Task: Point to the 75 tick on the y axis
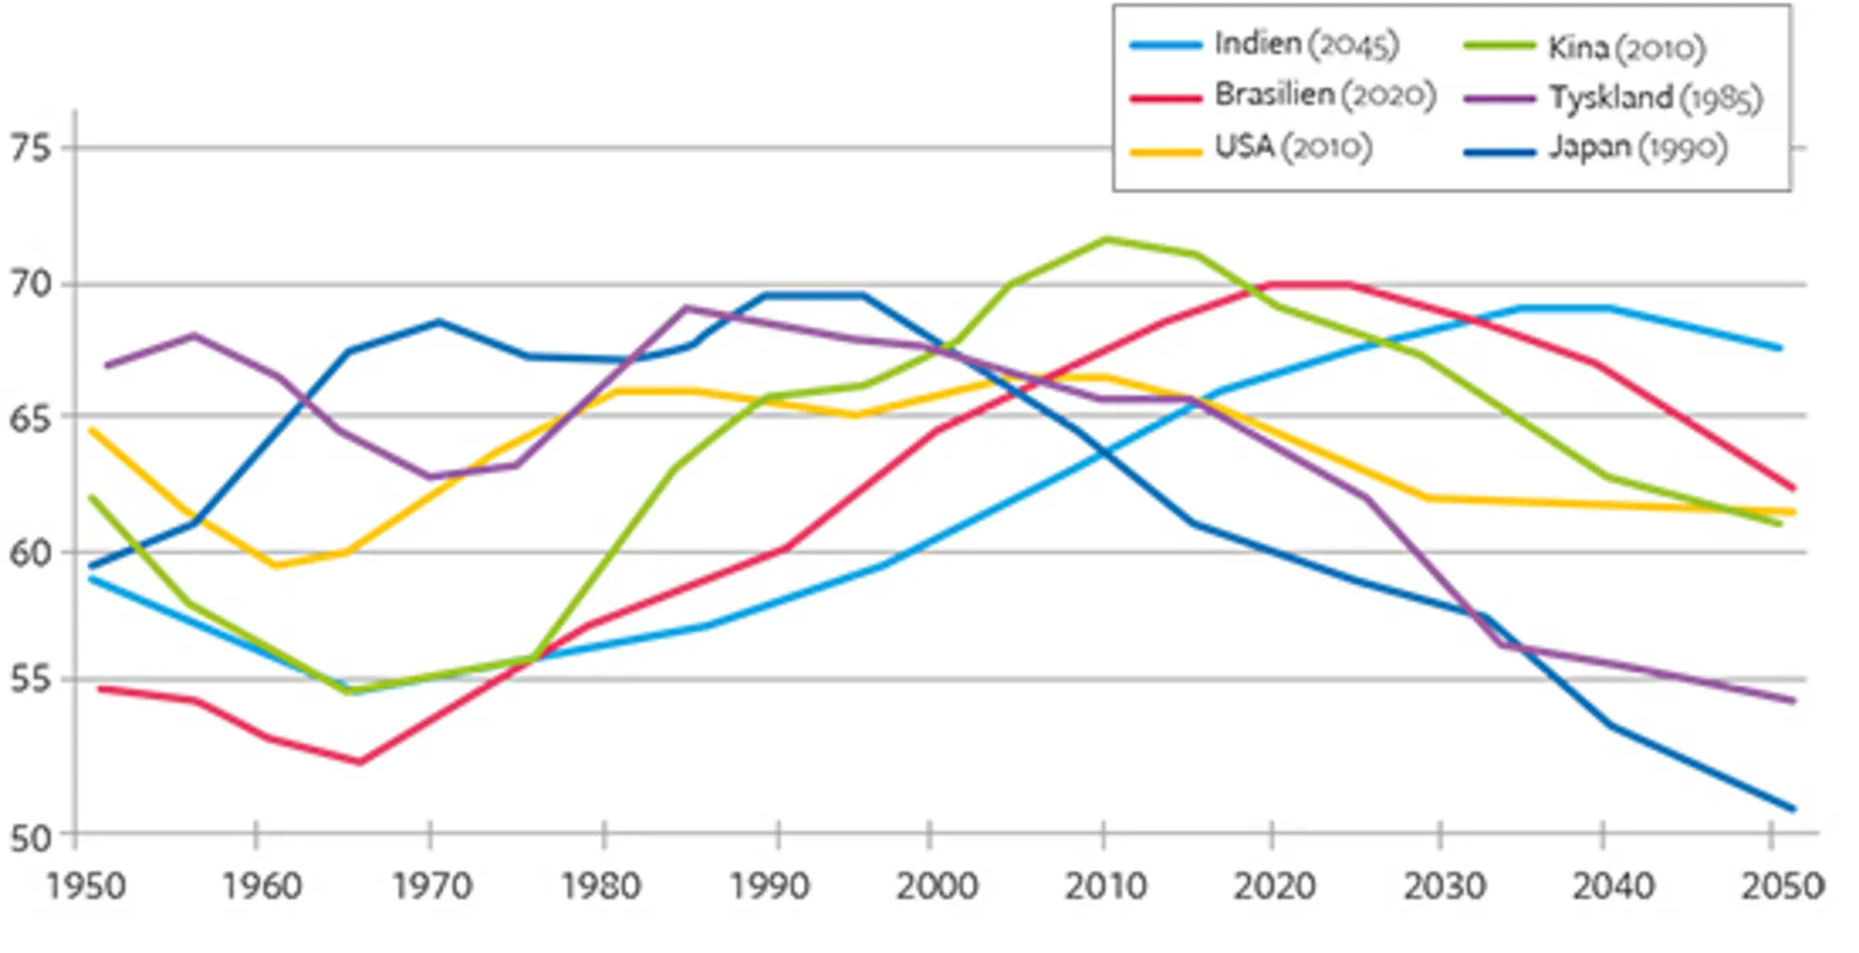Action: click(x=31, y=148)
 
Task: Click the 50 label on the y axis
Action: click(x=31, y=838)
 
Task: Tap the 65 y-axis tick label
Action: click(x=31, y=419)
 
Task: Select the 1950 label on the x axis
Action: click(x=86, y=886)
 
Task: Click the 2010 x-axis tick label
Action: click(x=1104, y=886)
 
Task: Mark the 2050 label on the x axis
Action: click(x=1781, y=886)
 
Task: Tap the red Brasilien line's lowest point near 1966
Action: click(x=360, y=762)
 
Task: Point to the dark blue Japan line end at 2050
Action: click(x=1793, y=809)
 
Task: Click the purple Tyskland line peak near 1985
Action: click(x=686, y=308)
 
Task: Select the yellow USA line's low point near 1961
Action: click(x=275, y=565)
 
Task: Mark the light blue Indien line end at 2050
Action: click(x=1780, y=349)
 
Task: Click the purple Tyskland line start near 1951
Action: click(x=106, y=365)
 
